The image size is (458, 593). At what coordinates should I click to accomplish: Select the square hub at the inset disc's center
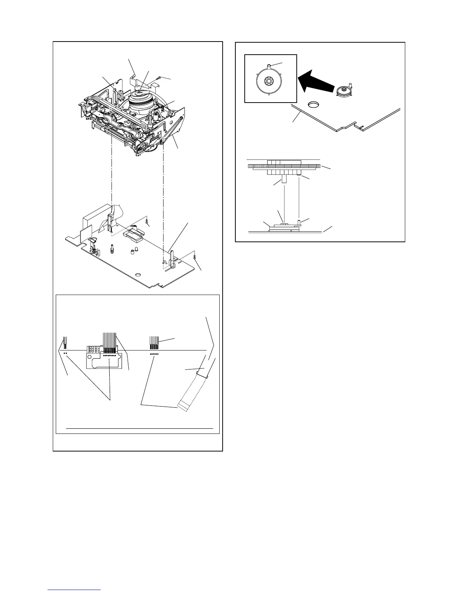pyautogui.click(x=268, y=80)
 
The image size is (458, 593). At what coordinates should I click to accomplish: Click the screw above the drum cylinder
pyautogui.click(x=160, y=78)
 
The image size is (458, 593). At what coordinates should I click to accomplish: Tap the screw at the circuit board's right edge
pyautogui.click(x=196, y=256)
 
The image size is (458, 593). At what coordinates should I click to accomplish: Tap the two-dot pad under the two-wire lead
pyautogui.click(x=65, y=353)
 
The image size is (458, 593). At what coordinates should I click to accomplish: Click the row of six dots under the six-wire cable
pyautogui.click(x=154, y=354)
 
